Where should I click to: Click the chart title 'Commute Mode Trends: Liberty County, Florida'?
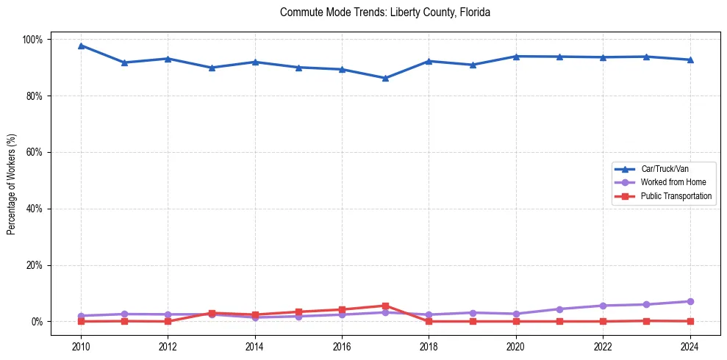(385, 12)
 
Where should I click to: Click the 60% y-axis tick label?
(35, 152)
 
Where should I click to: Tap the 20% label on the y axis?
(35, 265)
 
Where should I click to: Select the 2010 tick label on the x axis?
(81, 345)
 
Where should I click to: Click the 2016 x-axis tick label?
(342, 345)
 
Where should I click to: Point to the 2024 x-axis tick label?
(690, 345)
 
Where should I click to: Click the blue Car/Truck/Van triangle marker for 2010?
(81, 46)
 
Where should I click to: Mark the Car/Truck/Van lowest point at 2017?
(385, 78)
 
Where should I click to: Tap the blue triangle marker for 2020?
(516, 56)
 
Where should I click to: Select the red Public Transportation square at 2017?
(385, 306)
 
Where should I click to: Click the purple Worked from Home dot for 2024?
(690, 301)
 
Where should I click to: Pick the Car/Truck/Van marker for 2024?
(690, 60)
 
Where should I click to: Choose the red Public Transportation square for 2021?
(559, 321)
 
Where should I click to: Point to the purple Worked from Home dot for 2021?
(559, 309)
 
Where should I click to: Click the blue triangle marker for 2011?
(124, 62)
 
